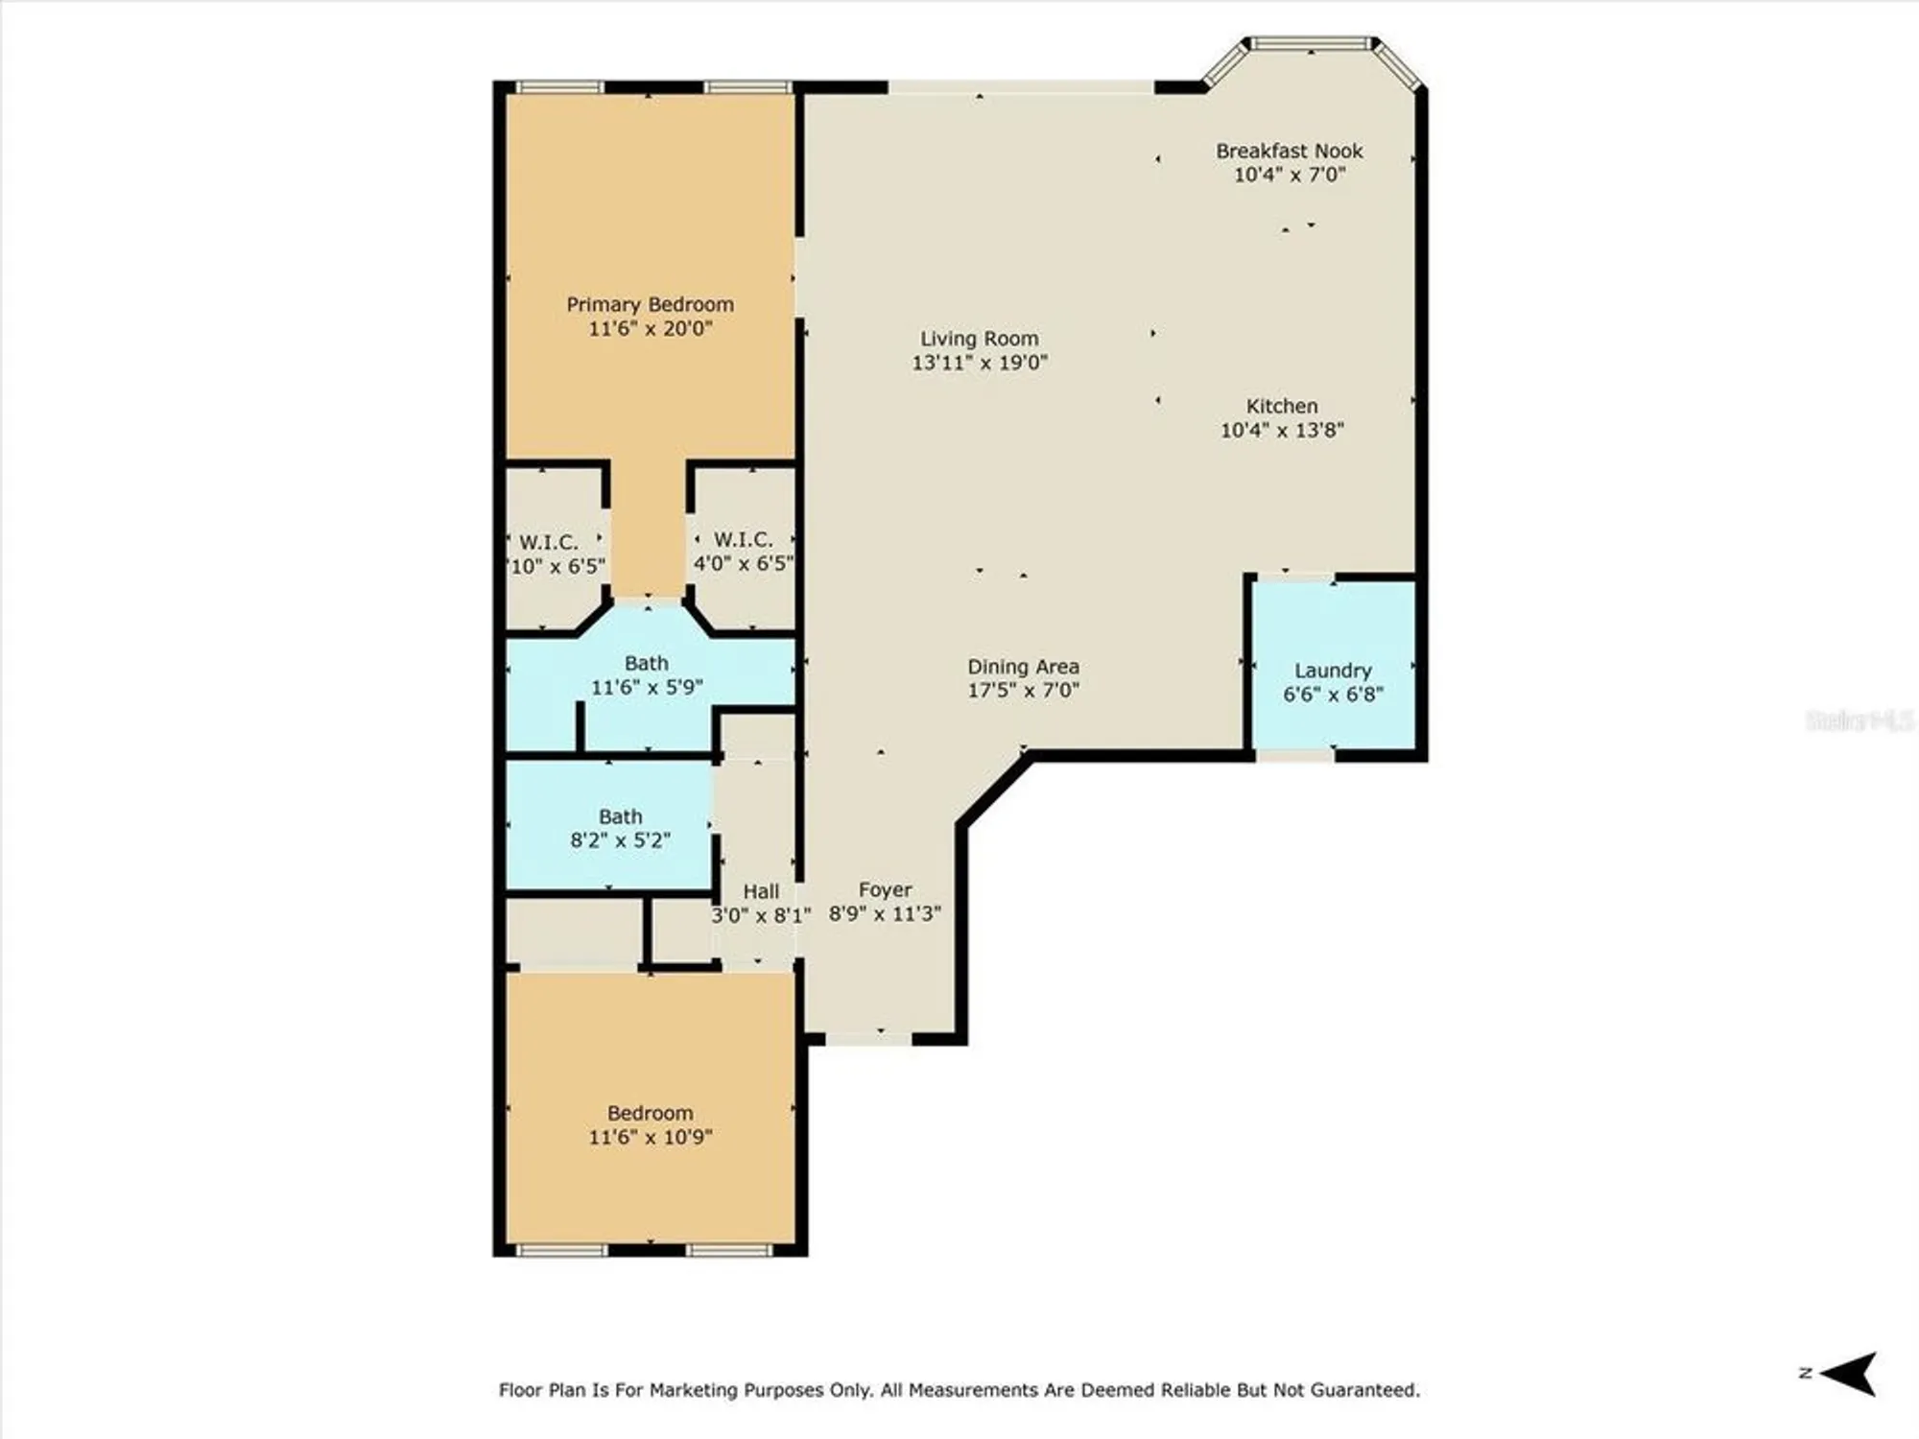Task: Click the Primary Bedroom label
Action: pyautogui.click(x=650, y=304)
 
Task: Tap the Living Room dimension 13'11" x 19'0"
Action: pyautogui.click(x=979, y=363)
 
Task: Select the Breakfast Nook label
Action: pyautogui.click(x=1289, y=151)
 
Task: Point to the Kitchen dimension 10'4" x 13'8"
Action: pyautogui.click(x=1281, y=430)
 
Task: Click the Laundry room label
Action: pyautogui.click(x=1333, y=671)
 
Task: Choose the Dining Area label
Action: pyautogui.click(x=1023, y=666)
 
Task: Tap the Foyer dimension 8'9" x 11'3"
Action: pyautogui.click(x=884, y=913)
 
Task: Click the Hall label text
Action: pyautogui.click(x=761, y=891)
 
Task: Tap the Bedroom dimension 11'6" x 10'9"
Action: pyautogui.click(x=650, y=1137)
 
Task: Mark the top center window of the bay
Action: pyautogui.click(x=1312, y=43)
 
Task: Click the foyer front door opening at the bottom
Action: pyautogui.click(x=868, y=1038)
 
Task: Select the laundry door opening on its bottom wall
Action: pyautogui.click(x=1294, y=756)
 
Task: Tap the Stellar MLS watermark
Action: pyautogui.click(x=1859, y=719)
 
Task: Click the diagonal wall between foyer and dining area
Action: pyautogui.click(x=994, y=790)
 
